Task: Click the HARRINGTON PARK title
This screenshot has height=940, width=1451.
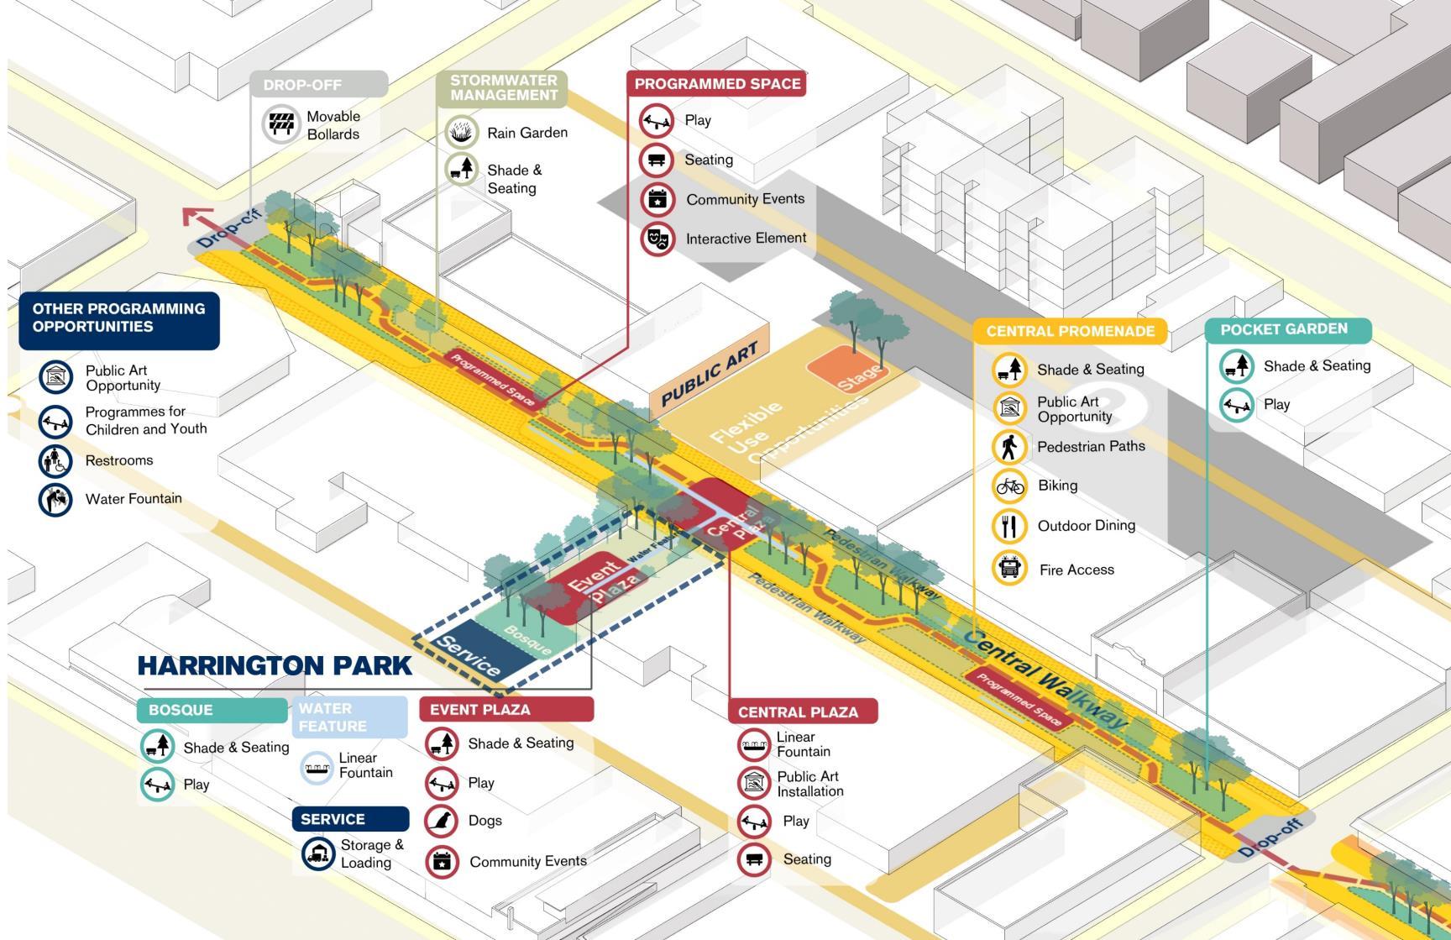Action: click(275, 665)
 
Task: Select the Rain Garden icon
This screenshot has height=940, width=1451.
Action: click(461, 132)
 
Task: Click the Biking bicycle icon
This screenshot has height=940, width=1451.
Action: click(1009, 486)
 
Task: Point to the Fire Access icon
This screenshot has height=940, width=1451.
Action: click(1009, 569)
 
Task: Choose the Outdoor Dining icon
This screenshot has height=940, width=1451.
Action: click(1009, 526)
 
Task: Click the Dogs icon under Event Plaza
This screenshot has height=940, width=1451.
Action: click(442, 821)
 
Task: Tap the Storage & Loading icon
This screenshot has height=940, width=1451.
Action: click(318, 853)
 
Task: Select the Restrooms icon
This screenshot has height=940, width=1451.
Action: click(55, 460)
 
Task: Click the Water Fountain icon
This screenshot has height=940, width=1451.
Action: click(55, 499)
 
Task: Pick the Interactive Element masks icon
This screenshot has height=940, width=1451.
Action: click(657, 239)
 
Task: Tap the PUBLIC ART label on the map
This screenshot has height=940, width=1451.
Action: click(710, 375)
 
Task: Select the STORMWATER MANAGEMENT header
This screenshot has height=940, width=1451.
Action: click(502, 88)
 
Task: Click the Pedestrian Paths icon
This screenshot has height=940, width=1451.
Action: click(1009, 447)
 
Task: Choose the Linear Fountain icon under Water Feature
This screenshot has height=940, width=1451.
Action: click(317, 766)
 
